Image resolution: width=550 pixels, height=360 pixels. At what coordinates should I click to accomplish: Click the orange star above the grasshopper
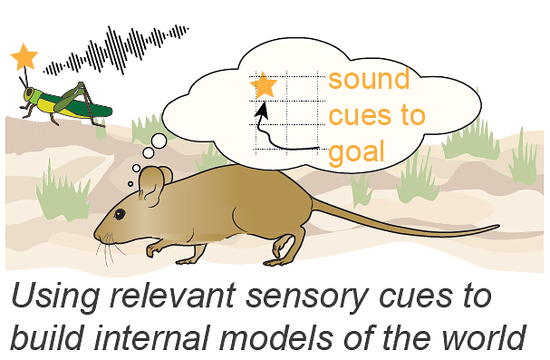[x=24, y=57]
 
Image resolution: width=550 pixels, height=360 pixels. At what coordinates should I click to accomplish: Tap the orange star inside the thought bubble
[x=264, y=85]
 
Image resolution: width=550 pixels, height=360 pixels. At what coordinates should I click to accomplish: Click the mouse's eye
[x=120, y=214]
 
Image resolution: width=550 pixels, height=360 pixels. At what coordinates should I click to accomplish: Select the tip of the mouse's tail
[x=498, y=227]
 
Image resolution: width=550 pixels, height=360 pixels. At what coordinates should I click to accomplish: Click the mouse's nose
[x=96, y=233]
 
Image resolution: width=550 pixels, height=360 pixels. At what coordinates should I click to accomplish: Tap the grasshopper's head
[x=30, y=94]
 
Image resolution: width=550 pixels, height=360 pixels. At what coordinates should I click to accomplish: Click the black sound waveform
[x=116, y=50]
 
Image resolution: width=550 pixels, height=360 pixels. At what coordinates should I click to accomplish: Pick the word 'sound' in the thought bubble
[x=369, y=79]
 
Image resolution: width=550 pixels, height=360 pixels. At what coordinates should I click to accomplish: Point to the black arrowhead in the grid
[x=262, y=109]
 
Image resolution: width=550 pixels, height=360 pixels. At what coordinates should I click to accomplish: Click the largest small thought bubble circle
[x=159, y=141]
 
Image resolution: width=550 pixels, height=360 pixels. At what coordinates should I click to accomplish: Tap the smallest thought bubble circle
[x=130, y=184]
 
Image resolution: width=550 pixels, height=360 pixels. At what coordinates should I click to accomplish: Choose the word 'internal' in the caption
[x=152, y=336]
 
